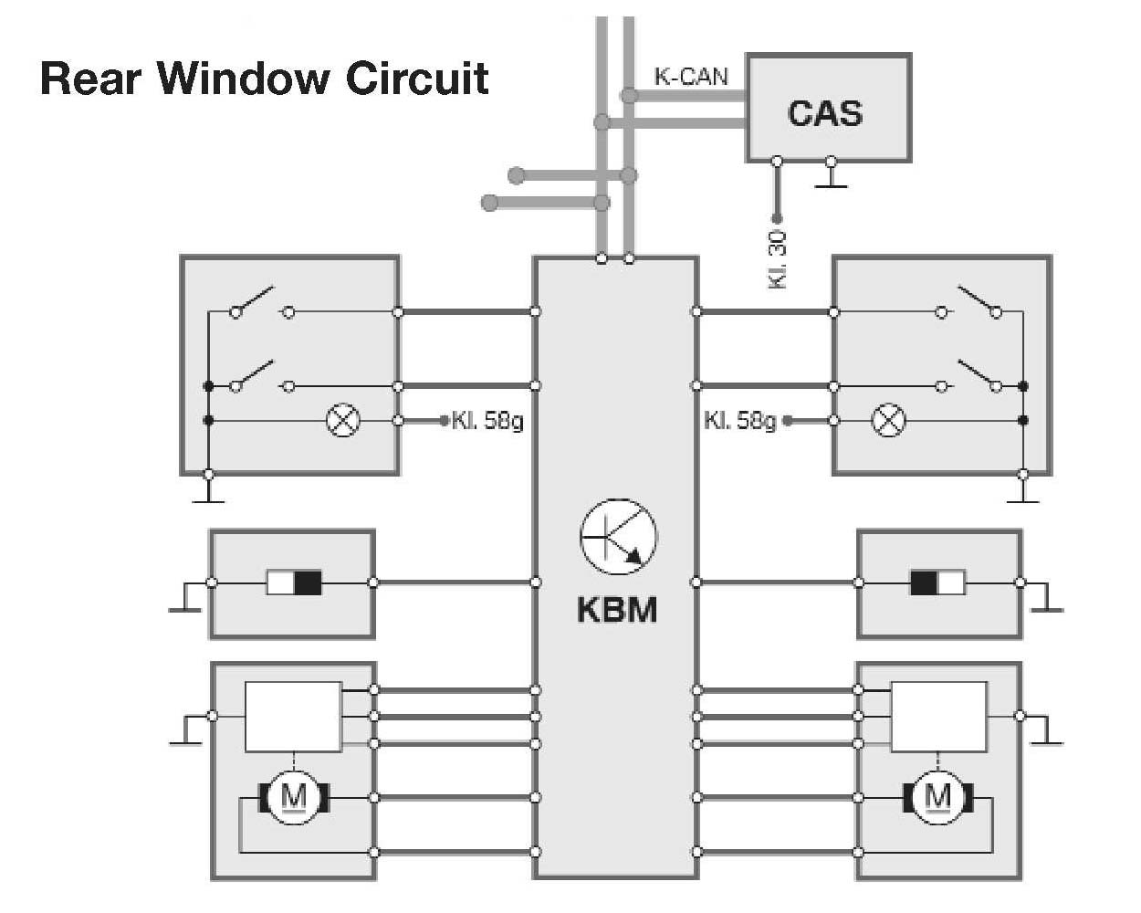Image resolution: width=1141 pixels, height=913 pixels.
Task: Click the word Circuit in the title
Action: tap(416, 79)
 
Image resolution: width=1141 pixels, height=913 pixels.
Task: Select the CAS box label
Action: tap(824, 113)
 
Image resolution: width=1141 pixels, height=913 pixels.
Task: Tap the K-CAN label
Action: tap(691, 77)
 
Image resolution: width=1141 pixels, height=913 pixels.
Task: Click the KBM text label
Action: tap(617, 609)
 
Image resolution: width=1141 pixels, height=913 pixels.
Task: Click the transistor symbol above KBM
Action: tap(618, 537)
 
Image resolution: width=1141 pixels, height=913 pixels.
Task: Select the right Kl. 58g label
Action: tap(739, 421)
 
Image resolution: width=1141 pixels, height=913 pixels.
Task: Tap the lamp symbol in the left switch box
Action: tap(343, 421)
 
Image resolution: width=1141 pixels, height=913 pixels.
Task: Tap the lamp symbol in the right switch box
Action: tap(889, 421)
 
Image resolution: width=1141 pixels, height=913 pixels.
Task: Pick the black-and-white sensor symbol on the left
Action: tap(294, 582)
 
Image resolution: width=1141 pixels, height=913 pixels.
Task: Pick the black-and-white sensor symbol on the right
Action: tap(937, 582)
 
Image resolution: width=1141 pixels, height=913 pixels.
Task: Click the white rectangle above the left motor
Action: tap(293, 717)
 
